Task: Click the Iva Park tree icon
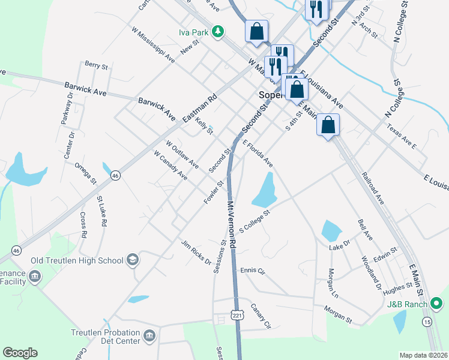tap(220, 31)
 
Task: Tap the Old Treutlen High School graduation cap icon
tap(132, 260)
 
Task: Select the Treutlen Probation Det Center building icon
tap(149, 335)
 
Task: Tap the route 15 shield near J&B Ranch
tap(427, 322)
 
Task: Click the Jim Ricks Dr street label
tap(196, 253)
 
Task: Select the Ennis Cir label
tap(253, 271)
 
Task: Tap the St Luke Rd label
tap(101, 211)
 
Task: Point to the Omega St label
tap(85, 172)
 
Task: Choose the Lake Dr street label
tap(339, 247)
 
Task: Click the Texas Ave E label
tap(402, 136)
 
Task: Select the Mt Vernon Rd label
tap(232, 223)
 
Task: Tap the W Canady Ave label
tap(170, 165)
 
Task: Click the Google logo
tap(20, 353)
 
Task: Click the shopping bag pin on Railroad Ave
tap(328, 125)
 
